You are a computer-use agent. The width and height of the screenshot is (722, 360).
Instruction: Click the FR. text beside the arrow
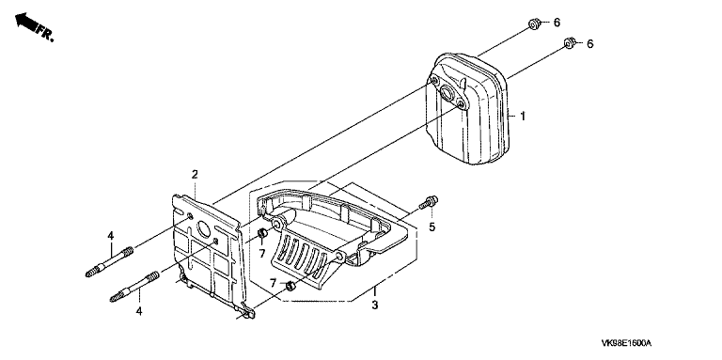pos(45,34)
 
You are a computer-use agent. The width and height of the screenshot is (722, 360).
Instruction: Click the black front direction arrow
pos(25,23)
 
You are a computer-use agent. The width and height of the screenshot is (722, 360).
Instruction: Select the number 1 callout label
pos(523,116)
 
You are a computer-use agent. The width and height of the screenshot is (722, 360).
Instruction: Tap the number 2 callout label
pos(195,174)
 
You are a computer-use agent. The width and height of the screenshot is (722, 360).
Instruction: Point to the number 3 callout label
pos(375,305)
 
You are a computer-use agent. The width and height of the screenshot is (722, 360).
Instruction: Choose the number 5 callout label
pos(432,227)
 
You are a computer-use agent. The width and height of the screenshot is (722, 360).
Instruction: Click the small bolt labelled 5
pos(429,202)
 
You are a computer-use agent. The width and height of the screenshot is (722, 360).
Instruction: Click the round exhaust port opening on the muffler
pos(447,93)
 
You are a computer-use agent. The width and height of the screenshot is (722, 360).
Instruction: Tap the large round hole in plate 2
pos(203,227)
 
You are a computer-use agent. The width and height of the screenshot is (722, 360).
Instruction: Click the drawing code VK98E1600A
pos(627,343)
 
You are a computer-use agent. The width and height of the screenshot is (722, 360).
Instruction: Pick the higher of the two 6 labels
pos(557,23)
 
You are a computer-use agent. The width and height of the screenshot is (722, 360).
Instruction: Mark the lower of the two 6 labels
pos(589,44)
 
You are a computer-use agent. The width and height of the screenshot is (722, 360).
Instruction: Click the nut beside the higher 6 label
pos(534,23)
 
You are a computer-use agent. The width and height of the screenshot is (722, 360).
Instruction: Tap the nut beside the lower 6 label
pos(570,43)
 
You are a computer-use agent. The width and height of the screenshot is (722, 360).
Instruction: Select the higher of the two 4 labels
pos(111,236)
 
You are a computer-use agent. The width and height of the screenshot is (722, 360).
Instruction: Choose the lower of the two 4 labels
pos(138,312)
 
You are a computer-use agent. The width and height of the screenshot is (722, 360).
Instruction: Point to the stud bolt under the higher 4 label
pos(110,262)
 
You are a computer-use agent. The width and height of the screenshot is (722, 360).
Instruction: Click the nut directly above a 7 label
pos(262,233)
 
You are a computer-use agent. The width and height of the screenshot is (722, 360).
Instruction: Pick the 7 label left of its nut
pos(273,283)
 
